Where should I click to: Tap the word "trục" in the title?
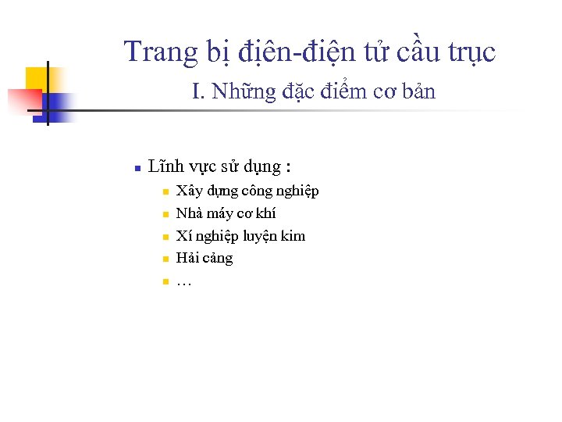click(471, 52)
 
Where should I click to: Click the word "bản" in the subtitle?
click(421, 92)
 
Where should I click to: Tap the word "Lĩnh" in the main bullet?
click(165, 166)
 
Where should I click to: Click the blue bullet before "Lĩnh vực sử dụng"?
click(136, 167)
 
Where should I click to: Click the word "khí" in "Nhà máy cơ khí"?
click(265, 213)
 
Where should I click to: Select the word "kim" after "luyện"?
click(293, 235)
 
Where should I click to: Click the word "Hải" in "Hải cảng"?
click(187, 258)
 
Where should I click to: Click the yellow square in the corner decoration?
click(37, 79)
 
